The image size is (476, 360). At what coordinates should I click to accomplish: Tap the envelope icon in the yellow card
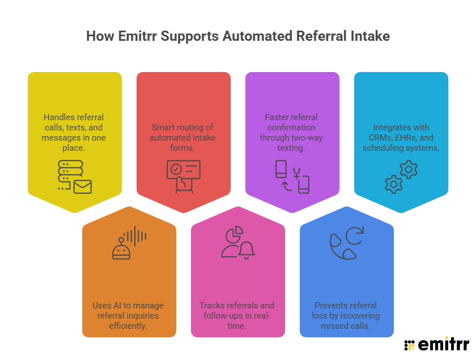82,186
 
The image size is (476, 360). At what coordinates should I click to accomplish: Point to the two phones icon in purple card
292,176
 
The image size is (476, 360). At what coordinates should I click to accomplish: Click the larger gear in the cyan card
409,168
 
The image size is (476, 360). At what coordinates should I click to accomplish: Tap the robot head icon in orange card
121,249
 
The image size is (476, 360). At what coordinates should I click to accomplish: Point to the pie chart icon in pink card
234,234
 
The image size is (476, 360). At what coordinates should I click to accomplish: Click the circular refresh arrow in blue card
355,235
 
